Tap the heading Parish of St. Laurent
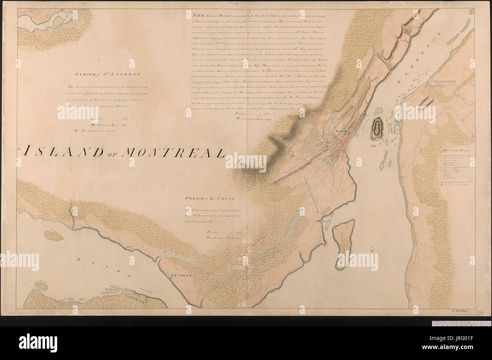tap(107, 74)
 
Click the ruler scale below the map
tap(461, 323)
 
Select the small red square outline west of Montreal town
tap(291, 153)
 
